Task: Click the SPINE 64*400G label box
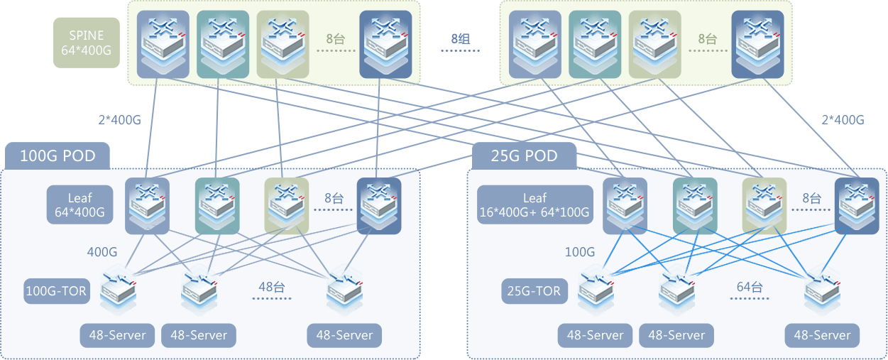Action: tap(87, 43)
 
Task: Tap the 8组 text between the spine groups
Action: tap(465, 39)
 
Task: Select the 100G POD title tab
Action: tap(58, 156)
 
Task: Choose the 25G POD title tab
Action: tap(524, 156)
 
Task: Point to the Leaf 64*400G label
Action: tap(80, 204)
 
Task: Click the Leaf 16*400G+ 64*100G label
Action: tap(535, 204)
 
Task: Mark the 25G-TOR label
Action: tap(535, 290)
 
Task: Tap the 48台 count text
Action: tap(271, 287)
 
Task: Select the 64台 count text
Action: tap(749, 287)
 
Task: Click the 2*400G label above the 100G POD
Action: tap(119, 119)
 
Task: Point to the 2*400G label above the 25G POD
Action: tap(843, 119)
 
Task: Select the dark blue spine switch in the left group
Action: tap(385, 44)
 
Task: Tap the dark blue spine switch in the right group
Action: tap(757, 44)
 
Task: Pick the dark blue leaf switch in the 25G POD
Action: tap(856, 205)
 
